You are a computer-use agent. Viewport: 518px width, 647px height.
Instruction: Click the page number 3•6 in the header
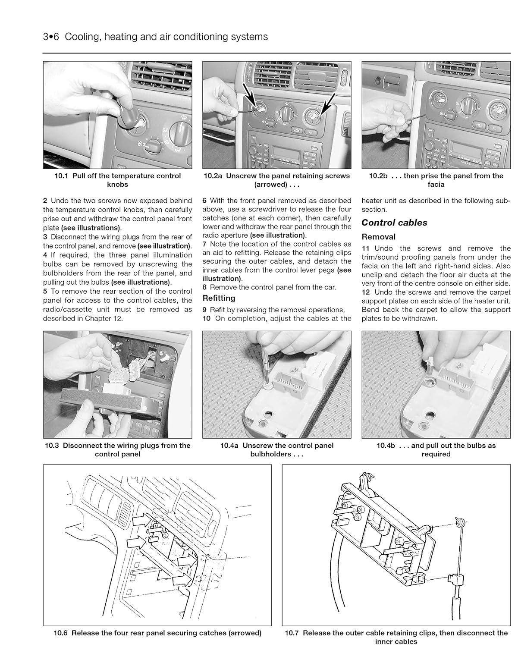pyautogui.click(x=51, y=37)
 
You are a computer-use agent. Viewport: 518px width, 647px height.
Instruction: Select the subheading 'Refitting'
pyautogui.click(x=219, y=298)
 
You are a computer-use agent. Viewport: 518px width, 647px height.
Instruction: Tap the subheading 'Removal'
pyautogui.click(x=378, y=237)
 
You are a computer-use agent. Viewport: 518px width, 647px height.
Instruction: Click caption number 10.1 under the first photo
pyautogui.click(x=62, y=176)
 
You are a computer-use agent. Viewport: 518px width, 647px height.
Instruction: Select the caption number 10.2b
pyautogui.click(x=379, y=176)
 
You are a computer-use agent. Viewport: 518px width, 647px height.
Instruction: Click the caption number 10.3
pyautogui.click(x=52, y=446)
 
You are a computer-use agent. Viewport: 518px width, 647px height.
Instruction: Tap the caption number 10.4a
pyautogui.click(x=230, y=446)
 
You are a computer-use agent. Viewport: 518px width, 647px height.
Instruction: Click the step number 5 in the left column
pyautogui.click(x=45, y=291)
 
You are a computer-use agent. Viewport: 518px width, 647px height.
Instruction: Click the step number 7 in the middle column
pyautogui.click(x=204, y=244)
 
